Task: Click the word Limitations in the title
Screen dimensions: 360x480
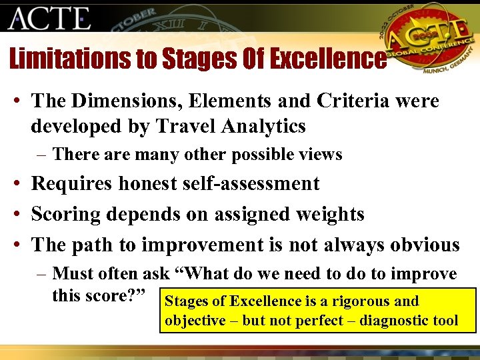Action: (x=70, y=59)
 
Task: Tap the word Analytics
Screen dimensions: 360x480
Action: (x=266, y=125)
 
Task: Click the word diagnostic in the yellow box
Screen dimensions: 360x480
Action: (x=391, y=320)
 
